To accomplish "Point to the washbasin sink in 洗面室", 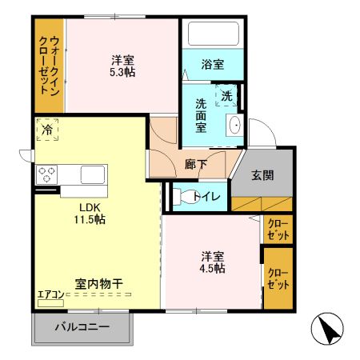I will [234, 126].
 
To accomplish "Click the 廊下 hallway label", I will [196, 164].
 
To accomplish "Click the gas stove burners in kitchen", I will [46, 173].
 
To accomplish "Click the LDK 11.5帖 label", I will [89, 214].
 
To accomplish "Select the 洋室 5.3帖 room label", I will [121, 65].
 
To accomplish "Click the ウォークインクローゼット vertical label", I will [49, 67].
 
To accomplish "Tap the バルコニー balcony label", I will [82, 327].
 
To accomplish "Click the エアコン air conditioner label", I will [50, 294].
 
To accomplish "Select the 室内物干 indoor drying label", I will [99, 283].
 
